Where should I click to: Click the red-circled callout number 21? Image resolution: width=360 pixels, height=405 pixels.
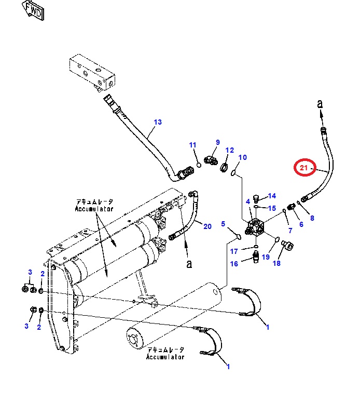point(304,168)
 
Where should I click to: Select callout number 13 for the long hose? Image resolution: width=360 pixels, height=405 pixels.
point(158,122)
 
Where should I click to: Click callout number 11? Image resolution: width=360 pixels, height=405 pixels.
point(192,145)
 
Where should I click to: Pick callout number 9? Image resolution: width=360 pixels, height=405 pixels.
point(218,142)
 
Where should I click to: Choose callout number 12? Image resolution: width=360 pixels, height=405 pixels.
point(230,150)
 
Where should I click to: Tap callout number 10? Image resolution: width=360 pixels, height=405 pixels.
point(242,157)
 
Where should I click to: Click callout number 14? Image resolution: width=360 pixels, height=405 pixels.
point(272,196)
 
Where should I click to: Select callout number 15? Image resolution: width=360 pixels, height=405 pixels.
point(272,208)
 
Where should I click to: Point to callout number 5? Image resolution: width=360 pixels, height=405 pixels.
point(224,224)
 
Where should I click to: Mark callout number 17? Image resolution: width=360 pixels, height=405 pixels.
point(234,251)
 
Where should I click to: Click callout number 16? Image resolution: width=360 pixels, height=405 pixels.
point(234,264)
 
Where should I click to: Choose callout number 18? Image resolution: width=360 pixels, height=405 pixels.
point(276,263)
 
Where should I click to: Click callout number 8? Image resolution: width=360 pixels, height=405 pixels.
point(312,218)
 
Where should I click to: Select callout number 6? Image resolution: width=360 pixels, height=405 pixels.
point(300,224)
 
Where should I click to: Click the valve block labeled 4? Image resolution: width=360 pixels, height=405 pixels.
point(257,227)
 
